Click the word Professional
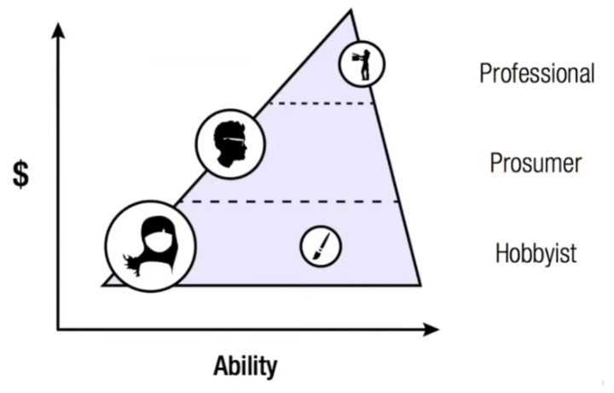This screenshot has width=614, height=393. [536, 73]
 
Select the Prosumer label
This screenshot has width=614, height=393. [536, 162]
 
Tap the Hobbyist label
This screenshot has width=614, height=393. [536, 253]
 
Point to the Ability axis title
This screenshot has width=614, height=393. [245, 367]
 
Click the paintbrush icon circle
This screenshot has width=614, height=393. [321, 246]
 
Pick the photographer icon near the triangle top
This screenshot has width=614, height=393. [362, 64]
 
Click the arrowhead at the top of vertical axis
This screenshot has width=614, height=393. [59, 27]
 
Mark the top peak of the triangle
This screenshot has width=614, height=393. [350, 10]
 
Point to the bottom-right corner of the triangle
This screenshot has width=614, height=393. [420, 284]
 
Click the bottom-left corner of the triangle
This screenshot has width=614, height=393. [103, 284]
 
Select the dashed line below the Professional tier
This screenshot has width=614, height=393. [321, 103]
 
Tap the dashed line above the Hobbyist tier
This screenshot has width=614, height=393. [290, 202]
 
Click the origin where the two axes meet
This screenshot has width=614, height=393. [59, 329]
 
